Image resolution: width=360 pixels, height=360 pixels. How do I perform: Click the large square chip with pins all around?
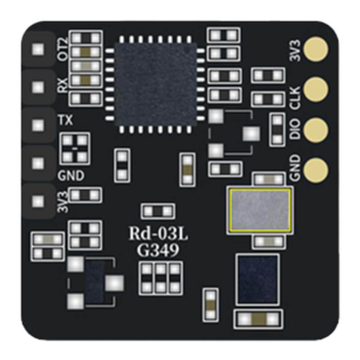155,85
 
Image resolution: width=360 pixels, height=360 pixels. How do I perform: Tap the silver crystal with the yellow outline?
259,210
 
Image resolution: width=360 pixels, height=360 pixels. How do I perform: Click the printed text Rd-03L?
158,234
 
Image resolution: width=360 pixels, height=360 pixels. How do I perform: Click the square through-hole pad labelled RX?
38,86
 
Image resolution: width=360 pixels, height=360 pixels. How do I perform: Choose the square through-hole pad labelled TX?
38,123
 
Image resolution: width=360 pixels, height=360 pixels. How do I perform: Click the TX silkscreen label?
66,121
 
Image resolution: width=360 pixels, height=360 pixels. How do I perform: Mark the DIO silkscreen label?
295,130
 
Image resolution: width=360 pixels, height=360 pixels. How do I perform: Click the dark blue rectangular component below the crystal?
257,279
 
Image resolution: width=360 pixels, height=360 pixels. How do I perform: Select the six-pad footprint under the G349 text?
161,278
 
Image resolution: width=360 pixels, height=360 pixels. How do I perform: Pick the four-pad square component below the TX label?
75,148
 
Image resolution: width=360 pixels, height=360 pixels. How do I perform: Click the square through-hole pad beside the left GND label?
38,162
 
